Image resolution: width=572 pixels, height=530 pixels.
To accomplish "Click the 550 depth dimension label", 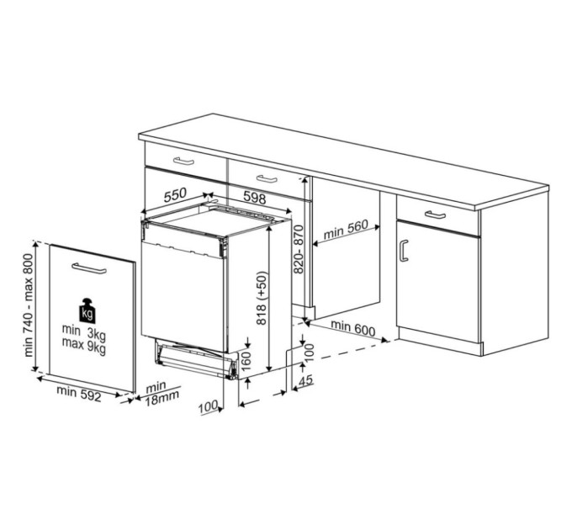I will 175,195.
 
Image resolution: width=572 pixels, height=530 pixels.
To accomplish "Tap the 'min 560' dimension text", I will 346,228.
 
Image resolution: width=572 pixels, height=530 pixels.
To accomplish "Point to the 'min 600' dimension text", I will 352,328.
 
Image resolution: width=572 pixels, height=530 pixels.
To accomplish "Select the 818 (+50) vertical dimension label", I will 262,298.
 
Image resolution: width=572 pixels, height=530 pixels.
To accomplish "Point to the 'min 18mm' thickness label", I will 156,392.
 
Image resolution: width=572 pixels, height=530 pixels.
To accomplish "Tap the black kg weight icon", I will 88,310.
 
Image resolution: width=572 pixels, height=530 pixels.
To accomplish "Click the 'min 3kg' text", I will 83,334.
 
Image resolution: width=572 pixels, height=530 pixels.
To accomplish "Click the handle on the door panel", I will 88,268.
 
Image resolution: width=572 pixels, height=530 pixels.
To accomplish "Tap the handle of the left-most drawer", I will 183,160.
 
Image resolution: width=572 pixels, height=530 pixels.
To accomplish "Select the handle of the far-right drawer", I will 435,215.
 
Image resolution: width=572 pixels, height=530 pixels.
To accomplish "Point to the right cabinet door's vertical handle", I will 404,250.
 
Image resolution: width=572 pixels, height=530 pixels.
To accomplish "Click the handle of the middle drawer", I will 267,178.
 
